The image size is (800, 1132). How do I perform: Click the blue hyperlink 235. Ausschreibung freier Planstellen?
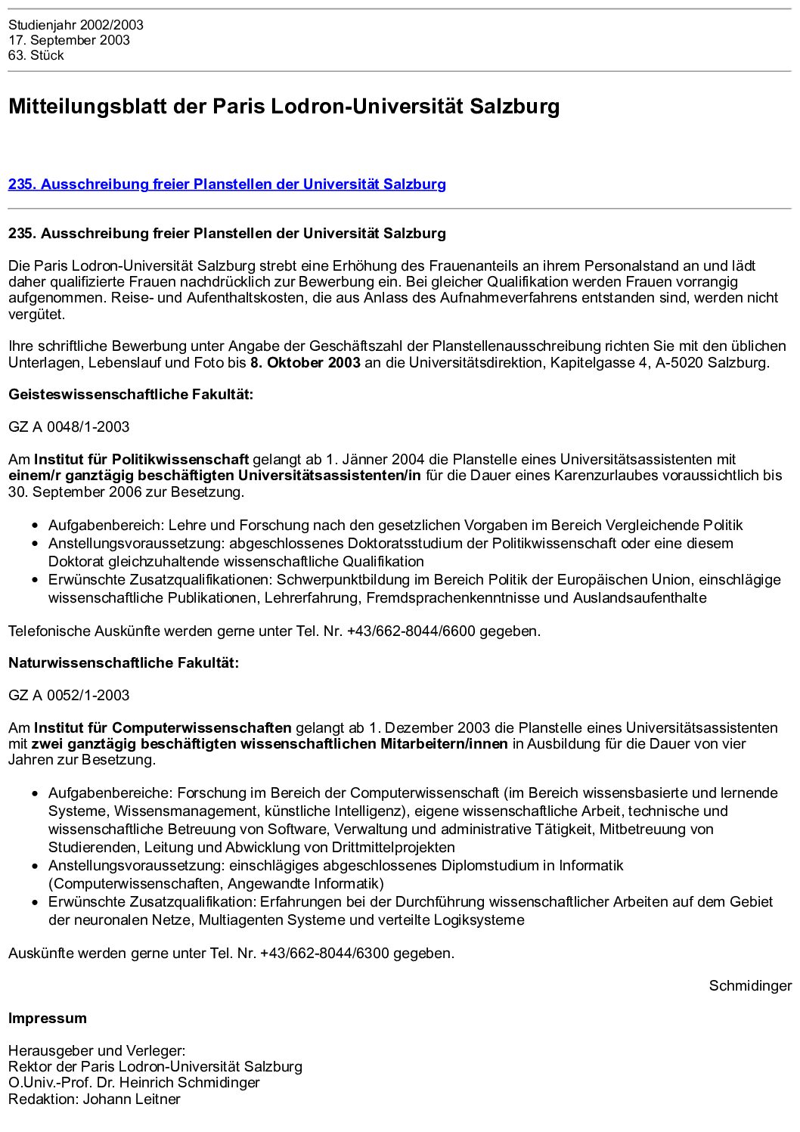pos(227,185)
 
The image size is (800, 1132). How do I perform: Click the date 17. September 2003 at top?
pos(69,40)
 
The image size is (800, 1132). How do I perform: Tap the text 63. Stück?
pos(36,55)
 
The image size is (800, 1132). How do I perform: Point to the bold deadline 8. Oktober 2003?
pos(305,362)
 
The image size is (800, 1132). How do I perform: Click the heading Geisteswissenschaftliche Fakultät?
pos(131,395)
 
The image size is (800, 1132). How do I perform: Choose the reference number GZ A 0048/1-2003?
pos(69,427)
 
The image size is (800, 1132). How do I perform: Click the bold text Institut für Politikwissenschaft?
pos(141,460)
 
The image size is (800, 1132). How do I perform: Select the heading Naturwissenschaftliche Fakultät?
pos(123,663)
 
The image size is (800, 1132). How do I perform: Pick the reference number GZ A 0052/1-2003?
pos(69,696)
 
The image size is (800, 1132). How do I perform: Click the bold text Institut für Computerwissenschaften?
pos(163,728)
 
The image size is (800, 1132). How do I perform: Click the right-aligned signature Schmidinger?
pos(750,986)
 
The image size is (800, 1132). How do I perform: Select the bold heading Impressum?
pos(48,1019)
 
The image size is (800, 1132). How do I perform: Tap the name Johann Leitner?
pos(132,1099)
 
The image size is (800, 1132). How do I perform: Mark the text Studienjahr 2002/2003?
pos(76,25)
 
